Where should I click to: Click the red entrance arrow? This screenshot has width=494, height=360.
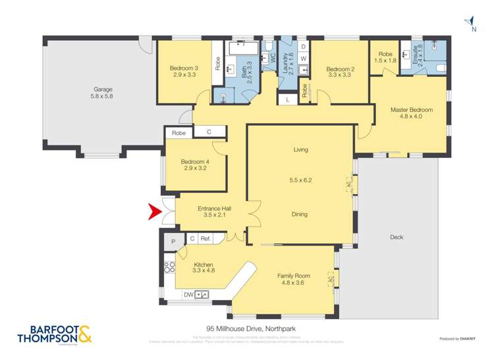tap(154, 213)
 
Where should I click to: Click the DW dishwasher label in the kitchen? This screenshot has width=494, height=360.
tap(188, 294)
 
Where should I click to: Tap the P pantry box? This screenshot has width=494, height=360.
tap(173, 242)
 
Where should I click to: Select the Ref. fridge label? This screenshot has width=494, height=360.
tap(205, 239)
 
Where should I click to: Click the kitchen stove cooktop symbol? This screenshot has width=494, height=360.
tap(169, 268)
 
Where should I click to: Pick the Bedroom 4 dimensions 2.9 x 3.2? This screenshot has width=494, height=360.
tap(194, 168)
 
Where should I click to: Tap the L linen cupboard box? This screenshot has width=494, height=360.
tap(288, 99)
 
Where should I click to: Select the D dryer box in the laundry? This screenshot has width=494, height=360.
tap(303, 47)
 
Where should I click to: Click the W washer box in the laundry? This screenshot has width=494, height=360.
tap(303, 59)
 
